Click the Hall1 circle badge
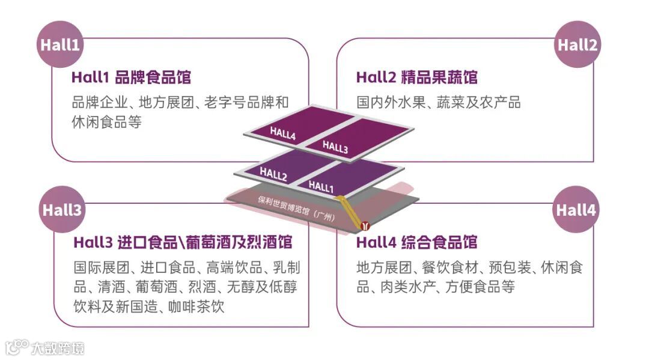tap(59, 45)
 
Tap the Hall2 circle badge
tap(577, 45)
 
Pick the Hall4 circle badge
tap(576, 210)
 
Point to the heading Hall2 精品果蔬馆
tap(416, 78)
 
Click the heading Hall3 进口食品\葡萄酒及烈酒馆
tap(183, 243)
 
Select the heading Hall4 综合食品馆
tap(416, 243)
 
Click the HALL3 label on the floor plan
tap(335, 147)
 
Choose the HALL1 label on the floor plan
tap(321, 186)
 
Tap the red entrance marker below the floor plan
tap(365, 226)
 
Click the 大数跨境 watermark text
tap(59, 348)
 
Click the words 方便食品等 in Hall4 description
tap(480, 287)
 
